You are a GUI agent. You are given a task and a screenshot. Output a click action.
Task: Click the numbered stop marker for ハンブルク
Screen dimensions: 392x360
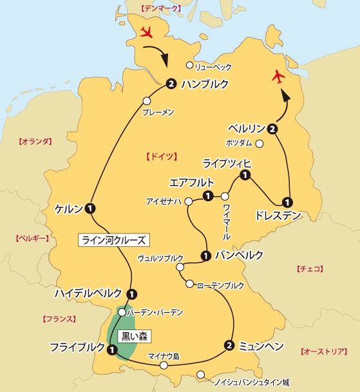click(x=171, y=83)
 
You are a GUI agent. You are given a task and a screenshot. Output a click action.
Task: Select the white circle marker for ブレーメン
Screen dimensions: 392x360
click(x=147, y=101)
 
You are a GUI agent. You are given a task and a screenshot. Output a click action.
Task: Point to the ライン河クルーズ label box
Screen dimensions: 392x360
click(x=113, y=240)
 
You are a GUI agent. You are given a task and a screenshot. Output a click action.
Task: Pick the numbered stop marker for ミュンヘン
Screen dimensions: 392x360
click(x=229, y=345)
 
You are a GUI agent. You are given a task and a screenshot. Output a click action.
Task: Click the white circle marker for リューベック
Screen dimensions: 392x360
click(x=189, y=65)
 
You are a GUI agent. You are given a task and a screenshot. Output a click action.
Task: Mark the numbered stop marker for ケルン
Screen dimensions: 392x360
click(x=90, y=208)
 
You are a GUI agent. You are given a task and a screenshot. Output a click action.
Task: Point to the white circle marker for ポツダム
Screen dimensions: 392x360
click(x=260, y=143)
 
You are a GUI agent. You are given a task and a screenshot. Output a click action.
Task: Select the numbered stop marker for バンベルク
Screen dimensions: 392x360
click(x=205, y=255)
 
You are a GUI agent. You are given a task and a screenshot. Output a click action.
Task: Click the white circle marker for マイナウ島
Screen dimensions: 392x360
click(x=164, y=366)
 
